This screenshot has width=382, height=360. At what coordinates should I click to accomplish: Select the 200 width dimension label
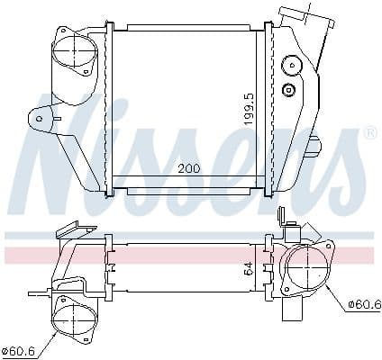click(x=189, y=169)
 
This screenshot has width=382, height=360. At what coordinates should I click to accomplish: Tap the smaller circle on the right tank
click(x=288, y=89)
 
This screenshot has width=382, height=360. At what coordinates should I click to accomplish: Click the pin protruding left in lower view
click(x=33, y=292)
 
